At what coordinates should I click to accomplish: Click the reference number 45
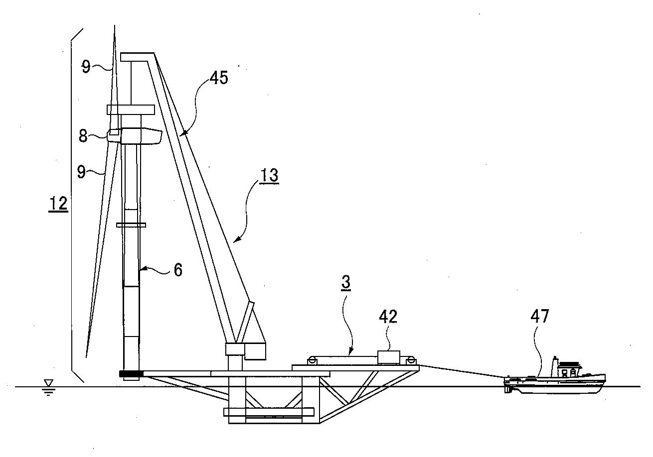pos(219,78)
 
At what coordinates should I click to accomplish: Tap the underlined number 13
pos(269,175)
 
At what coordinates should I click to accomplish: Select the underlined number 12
pos(58,204)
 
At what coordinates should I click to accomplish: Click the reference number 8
pos(83,136)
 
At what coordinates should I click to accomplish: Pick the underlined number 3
pos(346,282)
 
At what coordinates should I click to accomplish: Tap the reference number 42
pos(388,317)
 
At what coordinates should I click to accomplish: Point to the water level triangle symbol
pos(48,383)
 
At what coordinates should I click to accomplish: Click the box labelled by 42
pos(389,357)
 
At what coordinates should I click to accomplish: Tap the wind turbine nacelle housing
pos(141,136)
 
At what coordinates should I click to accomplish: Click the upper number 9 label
pos(86,67)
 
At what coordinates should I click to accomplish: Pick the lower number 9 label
pos(81,172)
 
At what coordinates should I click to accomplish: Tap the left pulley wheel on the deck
pos(311,360)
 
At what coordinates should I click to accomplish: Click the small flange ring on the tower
pos(131,225)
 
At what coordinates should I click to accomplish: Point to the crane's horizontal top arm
pos(137,57)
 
